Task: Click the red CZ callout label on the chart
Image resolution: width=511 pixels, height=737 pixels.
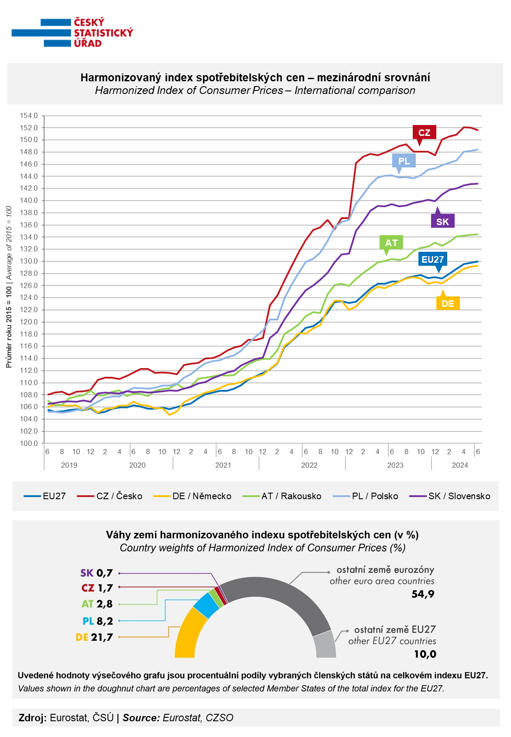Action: [x=424, y=132]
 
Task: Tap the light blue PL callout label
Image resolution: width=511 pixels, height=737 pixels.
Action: [x=404, y=161]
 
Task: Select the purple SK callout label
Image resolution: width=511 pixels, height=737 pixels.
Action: [x=442, y=221]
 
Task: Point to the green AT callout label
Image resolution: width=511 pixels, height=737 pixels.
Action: [x=391, y=243]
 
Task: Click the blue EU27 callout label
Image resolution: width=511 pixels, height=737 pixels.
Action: [x=432, y=259]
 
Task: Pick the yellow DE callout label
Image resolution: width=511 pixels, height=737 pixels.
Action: [x=448, y=303]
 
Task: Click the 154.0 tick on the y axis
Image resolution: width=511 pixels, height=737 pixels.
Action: [x=29, y=116]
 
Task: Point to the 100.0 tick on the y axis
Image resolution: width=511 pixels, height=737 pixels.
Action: [x=29, y=443]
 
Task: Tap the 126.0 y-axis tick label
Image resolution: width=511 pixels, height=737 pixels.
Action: [x=29, y=285]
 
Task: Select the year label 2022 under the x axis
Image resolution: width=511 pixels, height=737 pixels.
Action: [x=309, y=465]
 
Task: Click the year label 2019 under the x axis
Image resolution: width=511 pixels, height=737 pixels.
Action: [x=69, y=465]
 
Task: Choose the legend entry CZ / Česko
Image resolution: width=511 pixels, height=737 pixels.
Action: [x=110, y=496]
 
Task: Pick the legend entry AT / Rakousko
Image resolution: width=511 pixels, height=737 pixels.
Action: [x=282, y=496]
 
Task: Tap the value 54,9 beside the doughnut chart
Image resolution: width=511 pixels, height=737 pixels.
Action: [x=423, y=594]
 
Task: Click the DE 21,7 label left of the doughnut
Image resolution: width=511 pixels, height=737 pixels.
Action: [x=94, y=637]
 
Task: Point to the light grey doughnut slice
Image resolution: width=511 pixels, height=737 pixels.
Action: [x=324, y=645]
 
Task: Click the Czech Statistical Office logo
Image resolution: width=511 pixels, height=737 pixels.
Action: [x=73, y=33]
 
